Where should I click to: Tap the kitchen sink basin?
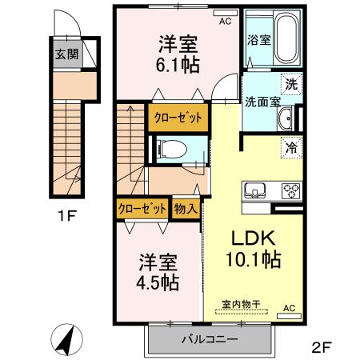click(255, 190)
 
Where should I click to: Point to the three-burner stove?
click(290, 190)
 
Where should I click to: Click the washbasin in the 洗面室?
click(285, 120)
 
